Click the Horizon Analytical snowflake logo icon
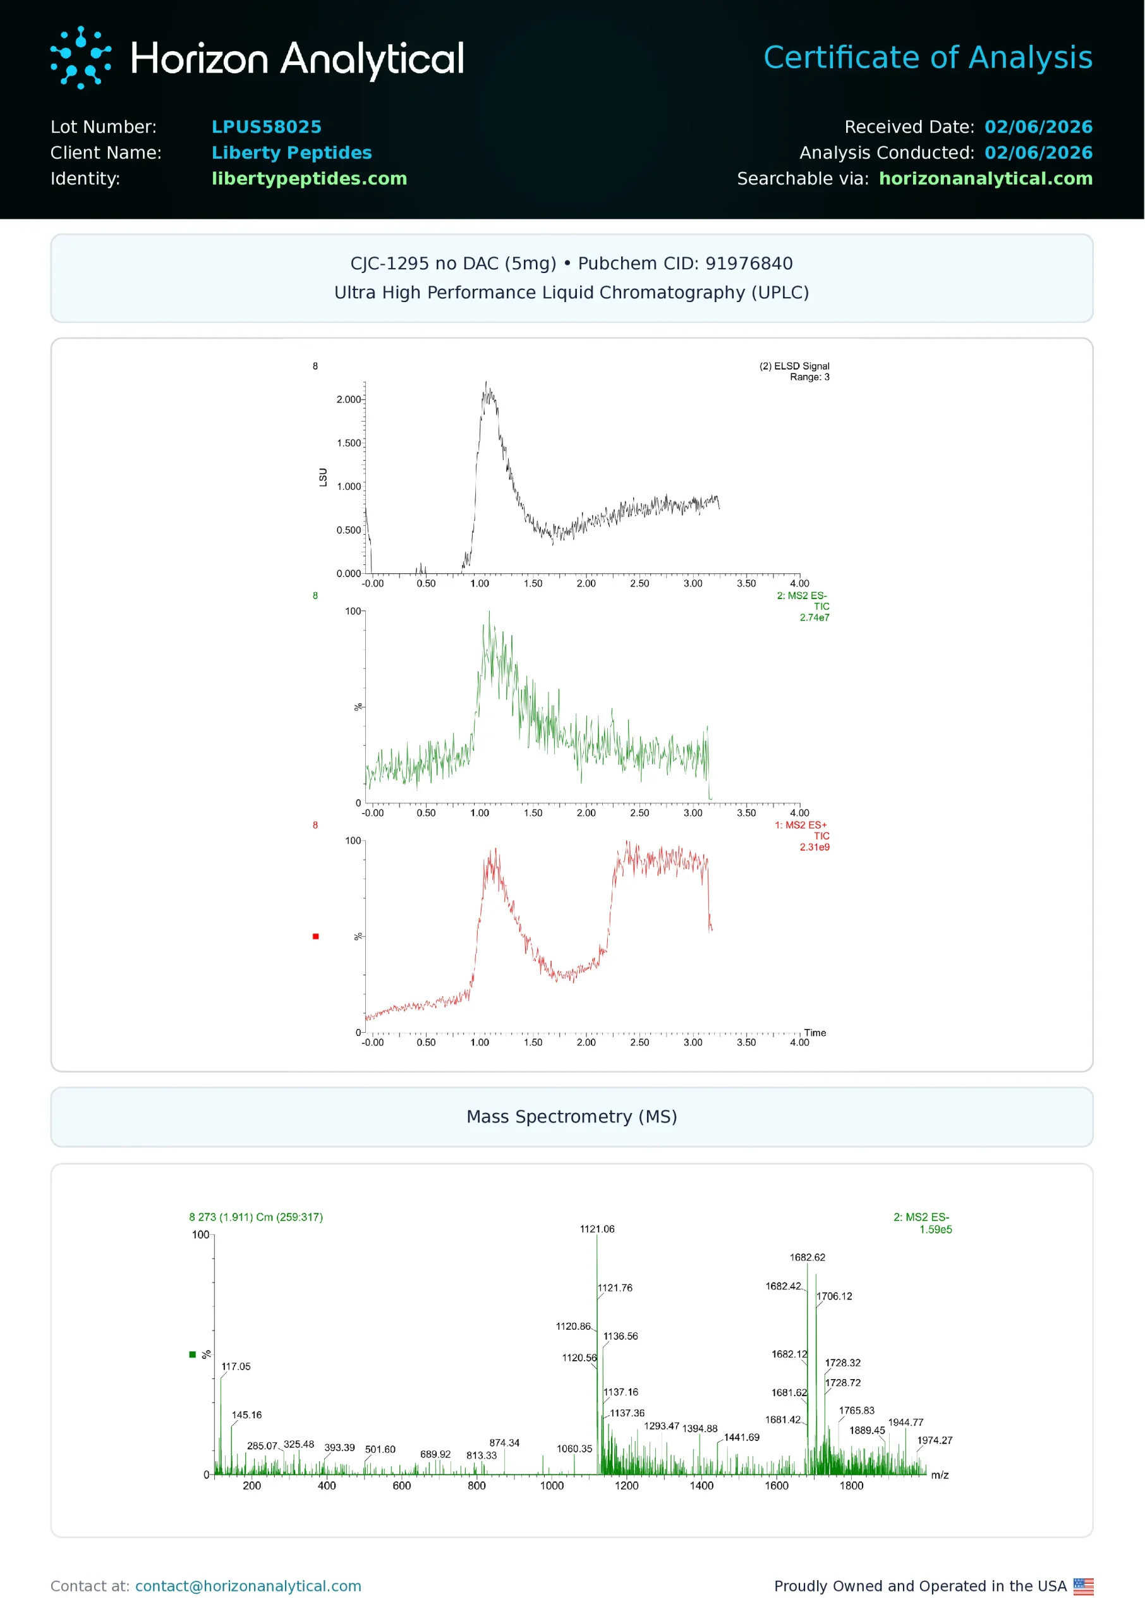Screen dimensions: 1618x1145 tap(80, 58)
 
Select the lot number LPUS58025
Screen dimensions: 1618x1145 tap(267, 127)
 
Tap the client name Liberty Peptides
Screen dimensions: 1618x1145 tap(291, 153)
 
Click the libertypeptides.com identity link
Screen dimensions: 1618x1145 tap(309, 179)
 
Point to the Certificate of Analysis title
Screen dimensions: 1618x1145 tap(927, 58)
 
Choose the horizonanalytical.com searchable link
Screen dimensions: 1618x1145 tap(985, 179)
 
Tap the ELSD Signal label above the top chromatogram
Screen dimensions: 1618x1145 tap(794, 366)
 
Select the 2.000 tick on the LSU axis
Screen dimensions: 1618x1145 tap(348, 399)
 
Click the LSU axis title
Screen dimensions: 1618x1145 tap(323, 477)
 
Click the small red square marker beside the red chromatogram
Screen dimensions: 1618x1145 tap(316, 936)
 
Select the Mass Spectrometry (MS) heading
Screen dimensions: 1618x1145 tap(572, 1117)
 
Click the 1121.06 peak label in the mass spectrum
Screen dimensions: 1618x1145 tap(597, 1229)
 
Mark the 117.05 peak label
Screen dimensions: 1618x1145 tap(236, 1366)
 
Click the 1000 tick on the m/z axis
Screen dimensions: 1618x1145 tap(552, 1485)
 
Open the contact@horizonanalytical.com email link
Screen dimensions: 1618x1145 tap(248, 1586)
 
